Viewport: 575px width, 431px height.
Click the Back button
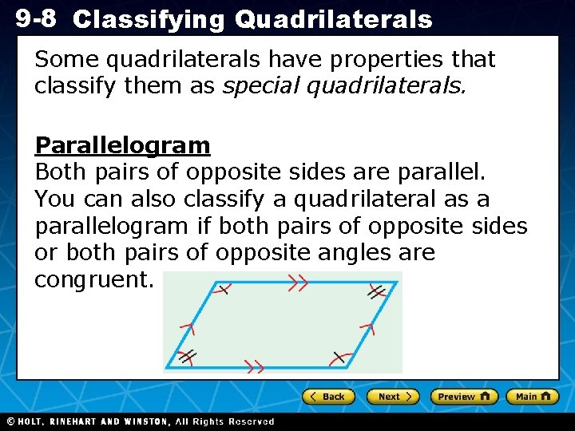point(327,397)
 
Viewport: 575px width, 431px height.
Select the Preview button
point(463,397)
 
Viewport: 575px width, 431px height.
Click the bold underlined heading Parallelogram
point(122,145)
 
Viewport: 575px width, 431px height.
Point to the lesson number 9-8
point(36,18)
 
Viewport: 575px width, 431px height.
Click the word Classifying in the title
point(149,20)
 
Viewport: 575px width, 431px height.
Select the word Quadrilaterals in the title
point(333,20)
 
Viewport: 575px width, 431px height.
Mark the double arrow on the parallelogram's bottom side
point(253,367)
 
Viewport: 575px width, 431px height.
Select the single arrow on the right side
point(367,326)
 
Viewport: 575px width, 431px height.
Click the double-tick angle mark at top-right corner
point(375,293)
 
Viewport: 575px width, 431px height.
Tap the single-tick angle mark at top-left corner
point(223,289)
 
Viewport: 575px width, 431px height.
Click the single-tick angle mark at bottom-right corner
point(339,357)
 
